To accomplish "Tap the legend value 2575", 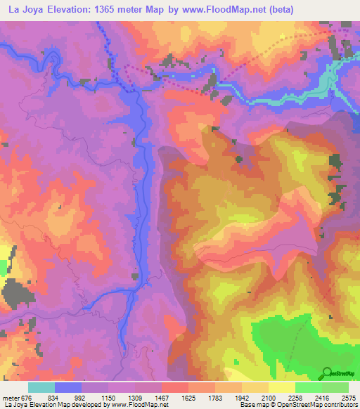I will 348,398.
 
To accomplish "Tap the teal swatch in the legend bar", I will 41,387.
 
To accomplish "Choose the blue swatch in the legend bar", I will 68,387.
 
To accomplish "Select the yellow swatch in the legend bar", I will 282,387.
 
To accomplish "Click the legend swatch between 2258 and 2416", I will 309,387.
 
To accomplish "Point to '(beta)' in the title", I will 280,9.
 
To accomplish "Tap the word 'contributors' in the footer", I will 342,405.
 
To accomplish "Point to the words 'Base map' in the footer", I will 251,405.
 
